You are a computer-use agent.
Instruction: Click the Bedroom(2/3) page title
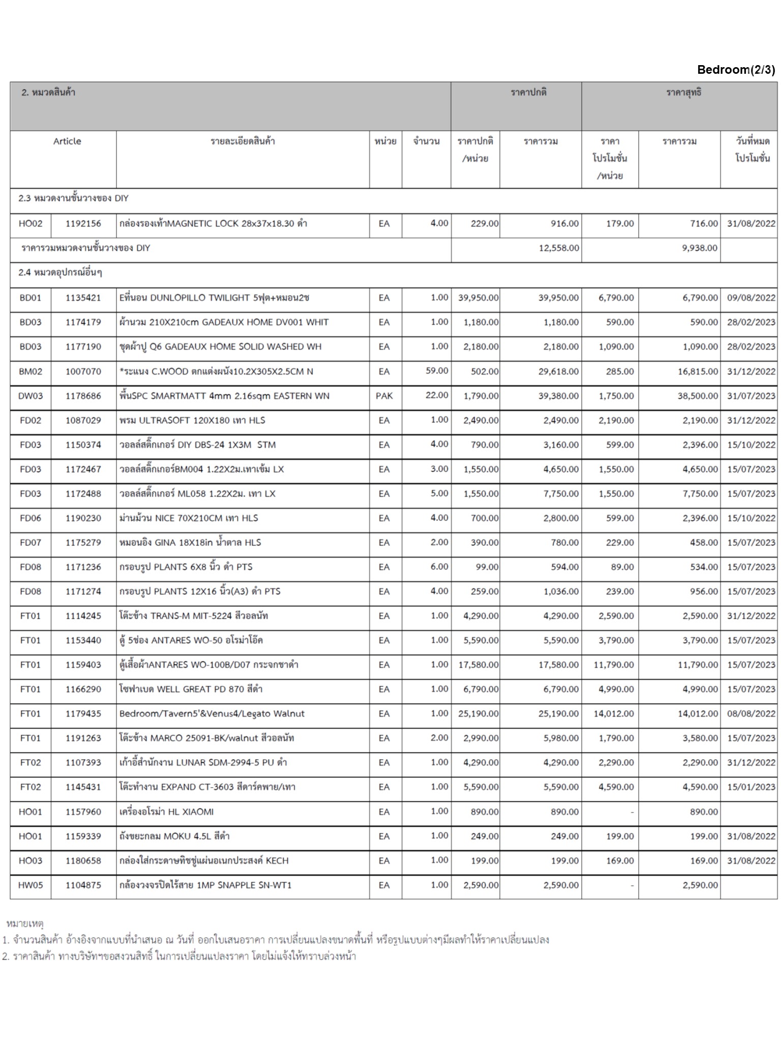click(x=736, y=70)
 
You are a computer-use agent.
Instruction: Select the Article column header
click(x=67, y=141)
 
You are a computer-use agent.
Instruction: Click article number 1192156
click(x=83, y=223)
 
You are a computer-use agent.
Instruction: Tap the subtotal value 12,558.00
click(x=559, y=248)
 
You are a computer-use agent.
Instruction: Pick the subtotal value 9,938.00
click(x=699, y=248)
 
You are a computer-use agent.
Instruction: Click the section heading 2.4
click(x=60, y=273)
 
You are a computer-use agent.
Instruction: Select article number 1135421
click(x=83, y=298)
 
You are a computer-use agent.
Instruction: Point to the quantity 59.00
click(x=437, y=371)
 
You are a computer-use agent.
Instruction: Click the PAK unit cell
click(x=384, y=396)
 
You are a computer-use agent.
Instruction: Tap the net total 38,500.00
click(x=697, y=396)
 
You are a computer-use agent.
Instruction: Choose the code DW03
click(x=31, y=396)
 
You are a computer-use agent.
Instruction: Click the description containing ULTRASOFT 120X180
click(x=192, y=420)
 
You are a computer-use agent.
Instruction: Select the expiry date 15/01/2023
click(x=750, y=787)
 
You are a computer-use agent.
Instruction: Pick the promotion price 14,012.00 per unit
click(x=613, y=713)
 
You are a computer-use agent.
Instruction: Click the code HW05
click(x=31, y=885)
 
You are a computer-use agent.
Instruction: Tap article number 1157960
click(x=83, y=812)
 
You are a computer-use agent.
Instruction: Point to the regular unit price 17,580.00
click(x=478, y=664)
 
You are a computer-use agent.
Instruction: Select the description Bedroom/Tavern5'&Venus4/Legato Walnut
click(x=212, y=713)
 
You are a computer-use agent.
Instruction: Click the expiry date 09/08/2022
click(x=750, y=298)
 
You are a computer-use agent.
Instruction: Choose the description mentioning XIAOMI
click(x=166, y=812)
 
